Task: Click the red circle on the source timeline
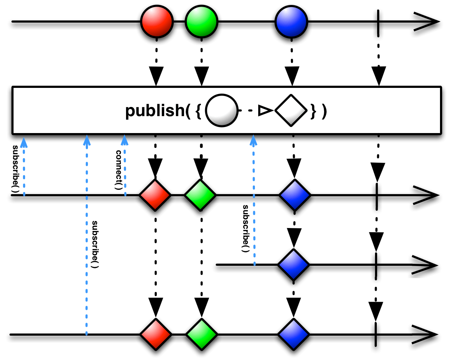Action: point(157,22)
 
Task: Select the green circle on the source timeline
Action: point(201,22)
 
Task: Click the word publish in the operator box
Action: point(155,110)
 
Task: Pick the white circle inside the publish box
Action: point(221,110)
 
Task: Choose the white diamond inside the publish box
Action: point(291,110)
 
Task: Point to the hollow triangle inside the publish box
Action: point(264,111)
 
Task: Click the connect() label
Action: point(119,170)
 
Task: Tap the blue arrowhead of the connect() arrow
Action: point(124,140)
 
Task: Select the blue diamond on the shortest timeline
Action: point(293,264)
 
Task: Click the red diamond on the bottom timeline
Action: point(156,334)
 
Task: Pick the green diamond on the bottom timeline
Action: point(201,334)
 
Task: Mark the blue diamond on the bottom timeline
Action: point(293,334)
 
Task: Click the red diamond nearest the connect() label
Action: point(155,195)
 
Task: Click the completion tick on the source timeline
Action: point(378,24)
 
